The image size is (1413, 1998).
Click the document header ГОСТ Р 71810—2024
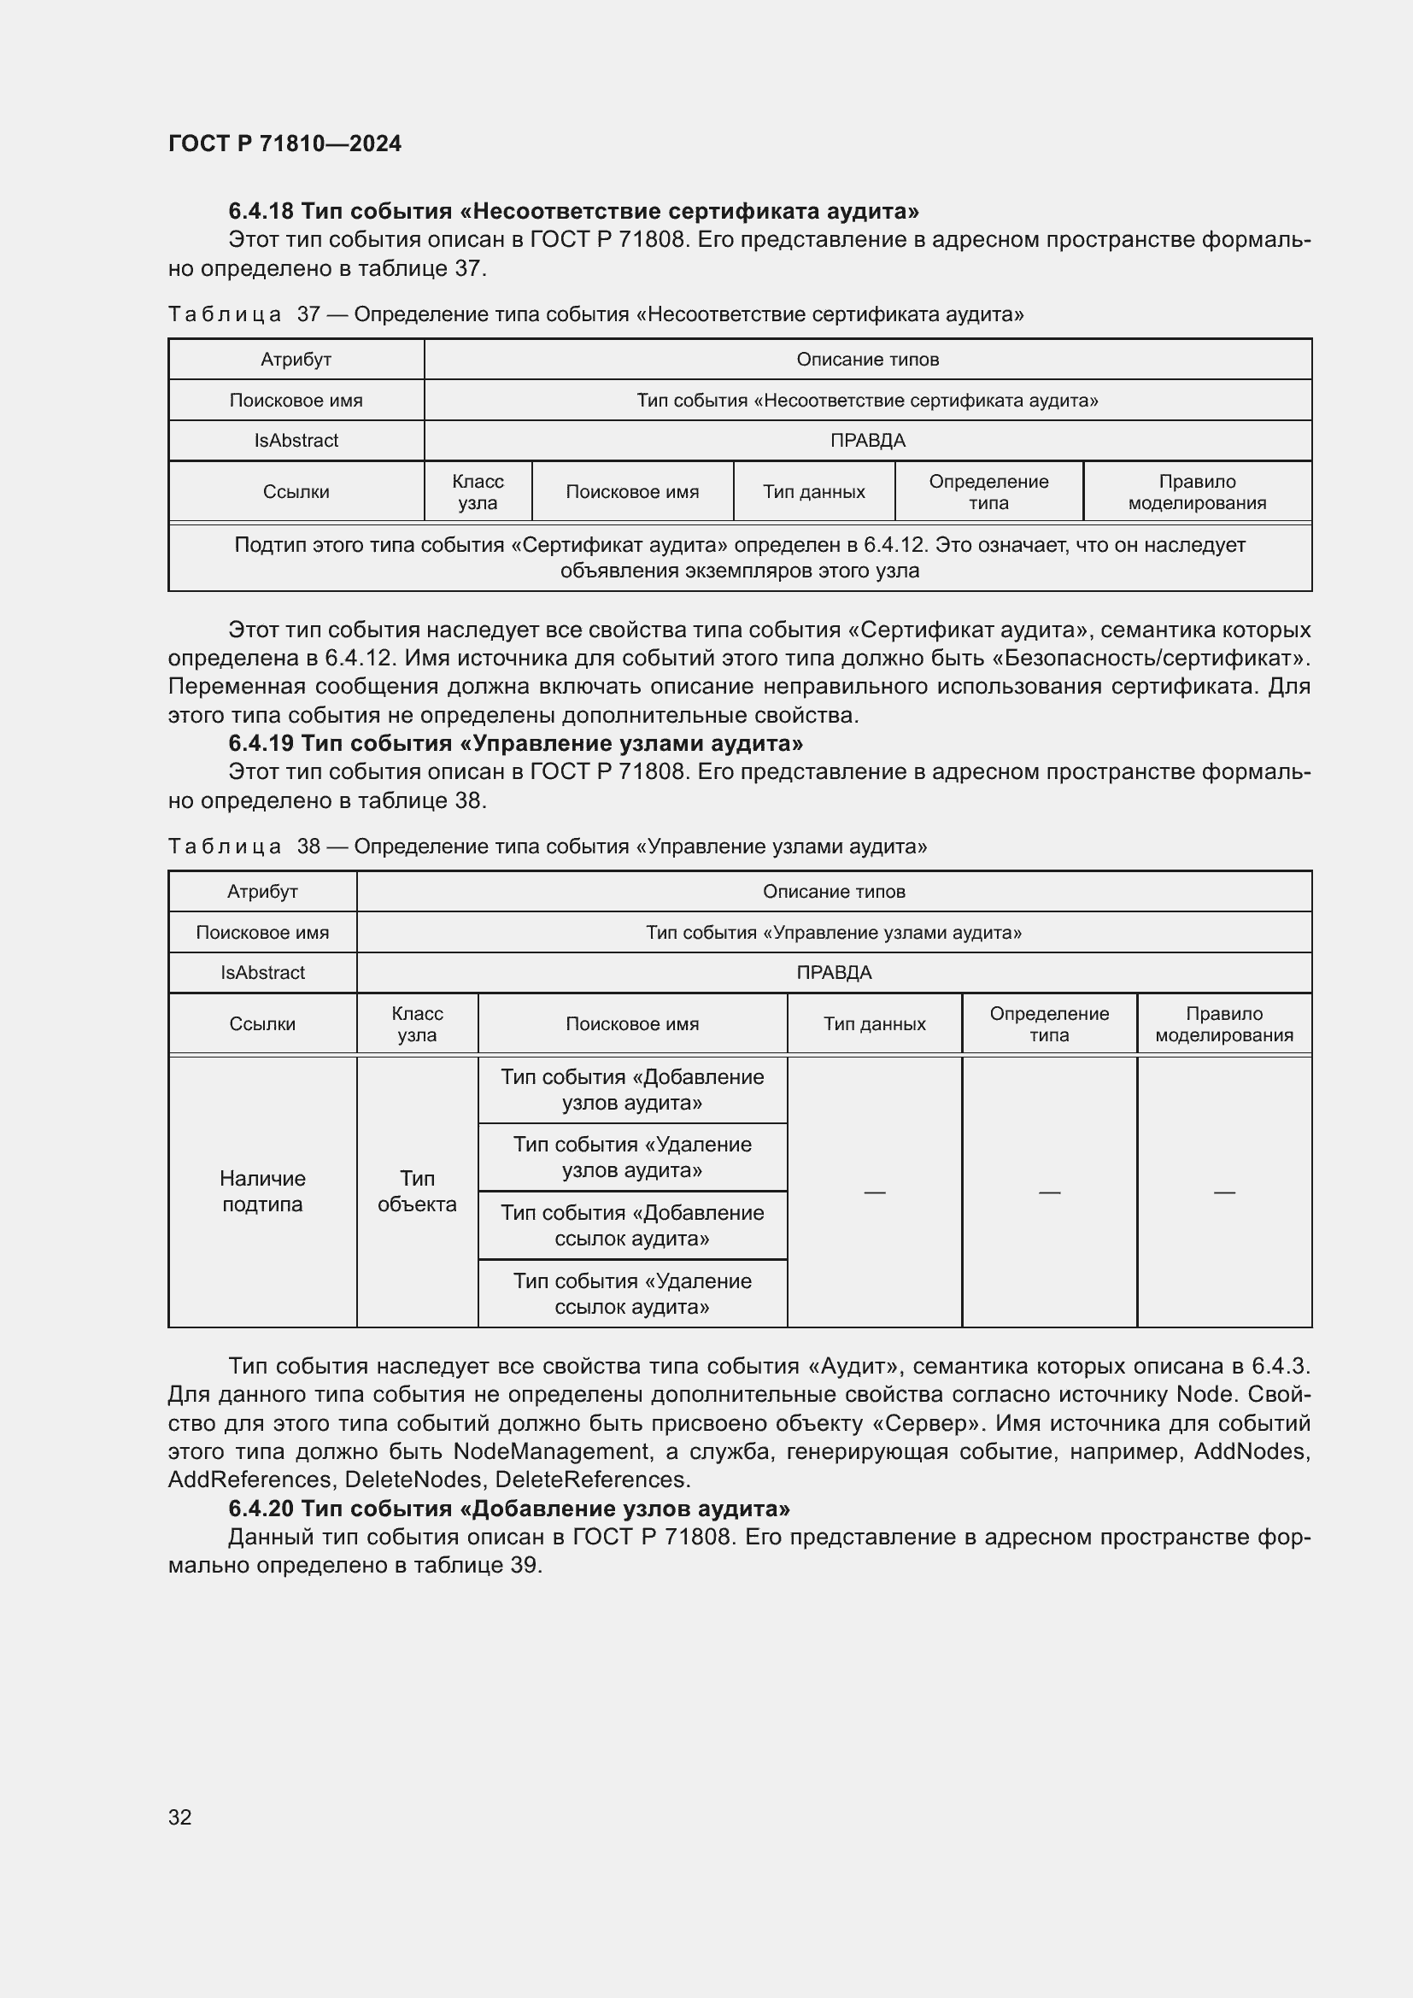click(x=284, y=144)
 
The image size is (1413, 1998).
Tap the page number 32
click(x=179, y=1816)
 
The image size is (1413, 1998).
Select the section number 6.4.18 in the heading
click(x=261, y=212)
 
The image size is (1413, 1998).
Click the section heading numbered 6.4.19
click(x=515, y=743)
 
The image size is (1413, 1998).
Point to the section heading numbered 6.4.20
click(x=509, y=1508)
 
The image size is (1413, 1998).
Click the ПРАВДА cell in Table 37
click(x=867, y=440)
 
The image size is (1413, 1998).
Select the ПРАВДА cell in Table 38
click(x=834, y=973)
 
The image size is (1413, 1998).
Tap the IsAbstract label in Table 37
click(x=296, y=440)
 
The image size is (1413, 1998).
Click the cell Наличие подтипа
click(x=262, y=1192)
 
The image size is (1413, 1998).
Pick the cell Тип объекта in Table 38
click(x=417, y=1192)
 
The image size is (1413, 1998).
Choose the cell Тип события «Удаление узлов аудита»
click(x=631, y=1157)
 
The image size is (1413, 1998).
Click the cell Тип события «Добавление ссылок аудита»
click(x=631, y=1225)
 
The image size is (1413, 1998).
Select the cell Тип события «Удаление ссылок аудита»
click(x=631, y=1293)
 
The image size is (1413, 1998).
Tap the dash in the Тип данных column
click(x=875, y=1192)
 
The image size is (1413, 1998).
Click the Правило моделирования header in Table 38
click(x=1223, y=1024)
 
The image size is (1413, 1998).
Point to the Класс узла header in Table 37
click(x=478, y=492)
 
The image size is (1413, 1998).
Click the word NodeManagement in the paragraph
click(x=551, y=1451)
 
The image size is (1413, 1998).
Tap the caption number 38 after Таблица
click(x=308, y=847)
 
